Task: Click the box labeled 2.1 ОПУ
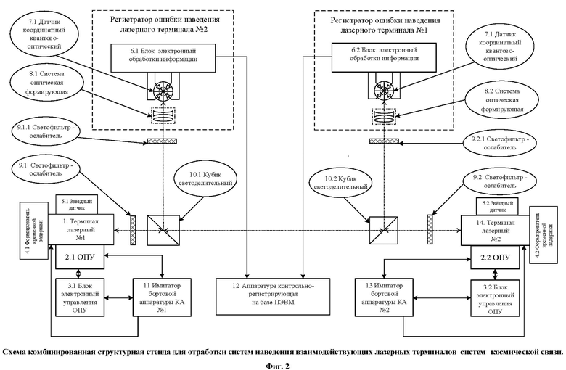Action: pos(80,257)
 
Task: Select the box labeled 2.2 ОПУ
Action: pos(495,258)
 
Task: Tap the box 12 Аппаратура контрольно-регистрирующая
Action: pos(273,296)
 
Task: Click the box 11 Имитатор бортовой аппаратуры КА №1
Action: pos(162,297)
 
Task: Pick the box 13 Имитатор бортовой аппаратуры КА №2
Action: pos(384,297)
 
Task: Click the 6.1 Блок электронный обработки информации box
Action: pos(163,58)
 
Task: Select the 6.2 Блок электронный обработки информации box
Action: pos(384,58)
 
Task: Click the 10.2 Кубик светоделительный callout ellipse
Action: pos(341,182)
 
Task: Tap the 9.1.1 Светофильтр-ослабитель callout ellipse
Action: pos(44,131)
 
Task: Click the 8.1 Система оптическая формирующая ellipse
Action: pos(47,83)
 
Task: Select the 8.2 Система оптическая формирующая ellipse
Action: pos(502,100)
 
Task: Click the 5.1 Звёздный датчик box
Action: pos(76,205)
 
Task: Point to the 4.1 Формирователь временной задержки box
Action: pos(33,231)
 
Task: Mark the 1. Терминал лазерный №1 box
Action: pos(81,229)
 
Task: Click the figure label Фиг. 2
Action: pos(278,366)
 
